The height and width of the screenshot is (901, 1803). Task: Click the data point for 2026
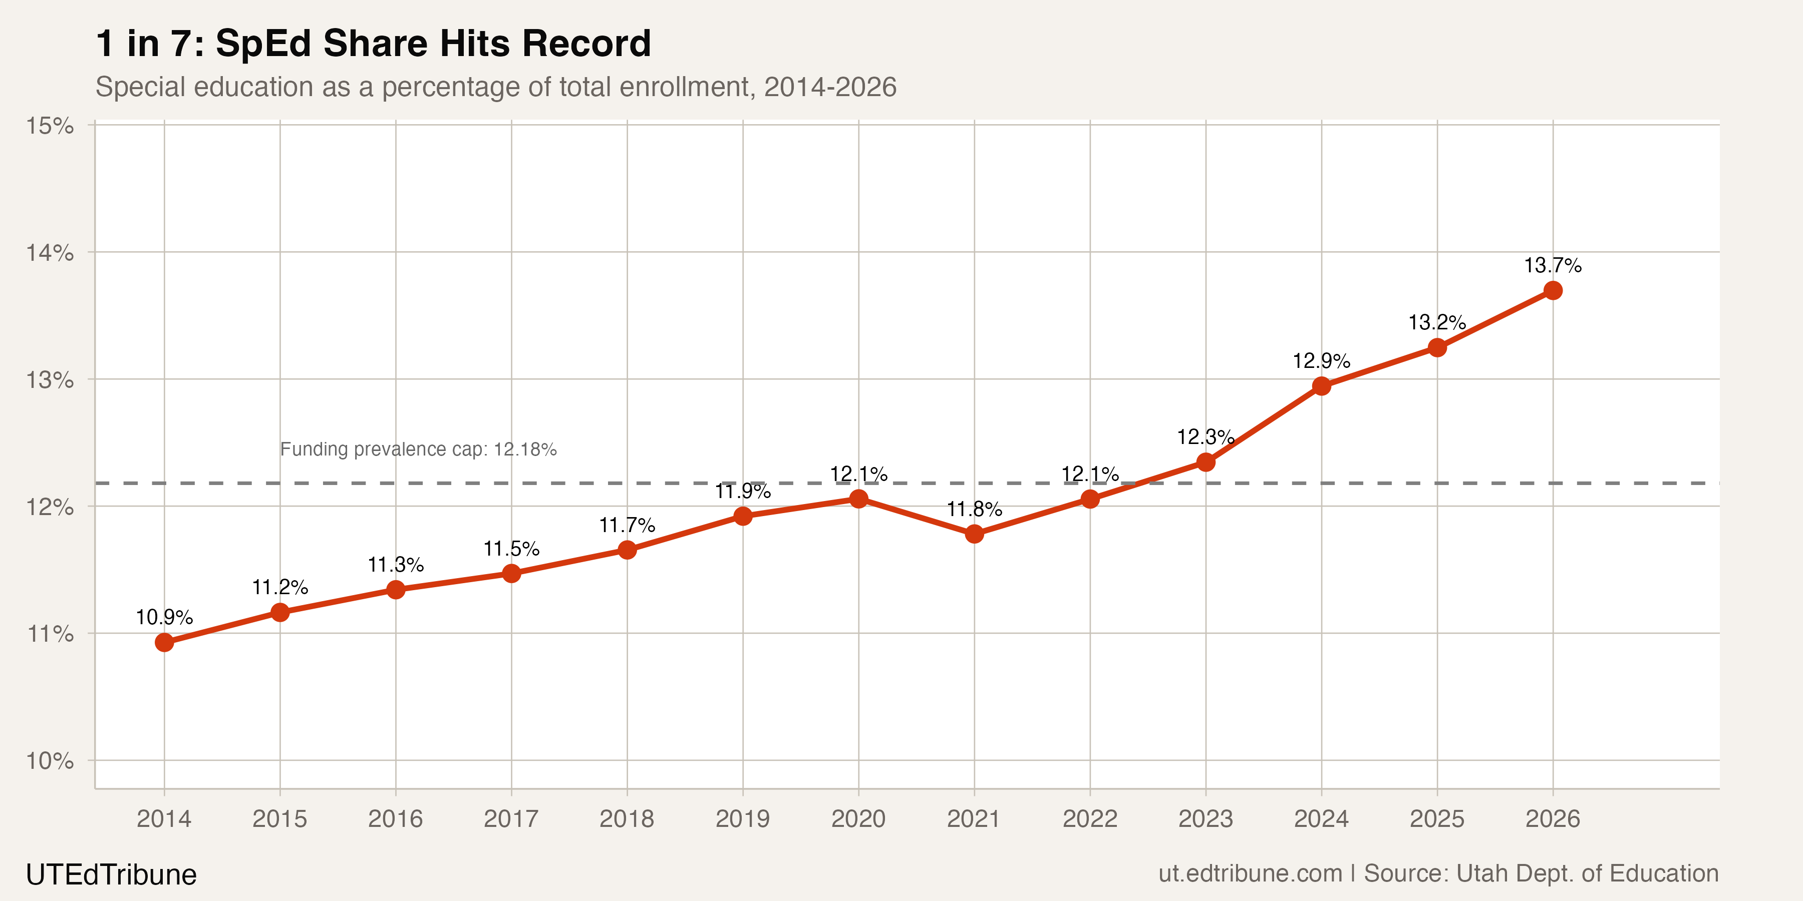(x=1553, y=290)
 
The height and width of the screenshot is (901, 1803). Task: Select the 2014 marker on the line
(x=164, y=642)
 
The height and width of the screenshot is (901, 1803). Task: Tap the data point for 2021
(x=974, y=534)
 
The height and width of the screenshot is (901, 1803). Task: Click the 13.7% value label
(x=1553, y=266)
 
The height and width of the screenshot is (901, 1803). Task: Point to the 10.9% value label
(x=164, y=617)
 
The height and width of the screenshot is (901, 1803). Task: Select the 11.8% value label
(x=974, y=509)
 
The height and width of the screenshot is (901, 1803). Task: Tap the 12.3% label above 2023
(x=1206, y=437)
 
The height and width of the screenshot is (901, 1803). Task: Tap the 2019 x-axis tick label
(x=743, y=818)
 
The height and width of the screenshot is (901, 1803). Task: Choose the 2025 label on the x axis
(x=1437, y=818)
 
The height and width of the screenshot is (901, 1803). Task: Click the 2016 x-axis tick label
(x=396, y=818)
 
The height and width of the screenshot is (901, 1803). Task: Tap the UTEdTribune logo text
(x=111, y=874)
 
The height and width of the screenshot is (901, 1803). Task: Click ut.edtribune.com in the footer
(x=1250, y=873)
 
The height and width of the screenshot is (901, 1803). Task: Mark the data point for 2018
(x=627, y=550)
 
